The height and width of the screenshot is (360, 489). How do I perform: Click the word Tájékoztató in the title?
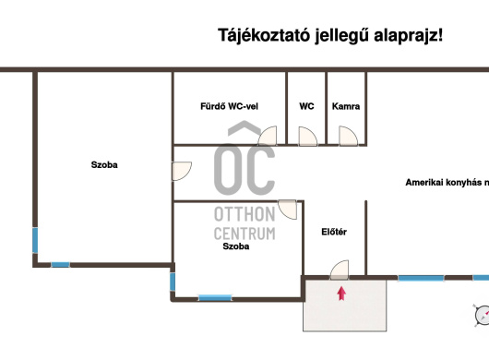pyautogui.click(x=264, y=35)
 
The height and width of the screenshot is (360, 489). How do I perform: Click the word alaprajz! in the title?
pyautogui.click(x=408, y=35)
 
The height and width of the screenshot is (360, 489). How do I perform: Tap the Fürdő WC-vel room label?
pyautogui.click(x=229, y=106)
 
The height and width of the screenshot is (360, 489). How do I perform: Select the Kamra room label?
pyautogui.click(x=346, y=106)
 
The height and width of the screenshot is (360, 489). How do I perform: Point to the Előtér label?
pyautogui.click(x=334, y=232)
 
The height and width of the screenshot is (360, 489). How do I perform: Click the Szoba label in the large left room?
pyautogui.click(x=104, y=164)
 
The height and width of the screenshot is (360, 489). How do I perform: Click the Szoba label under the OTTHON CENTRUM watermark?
pyautogui.click(x=236, y=246)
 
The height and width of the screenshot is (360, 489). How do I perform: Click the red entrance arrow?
pyautogui.click(x=341, y=294)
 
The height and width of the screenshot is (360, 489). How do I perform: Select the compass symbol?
pyautogui.click(x=483, y=316)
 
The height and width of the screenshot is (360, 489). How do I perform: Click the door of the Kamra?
pyautogui.click(x=348, y=136)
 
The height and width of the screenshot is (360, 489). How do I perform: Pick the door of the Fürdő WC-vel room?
pyautogui.click(x=268, y=136)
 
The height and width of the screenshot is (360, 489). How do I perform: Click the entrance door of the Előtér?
pyautogui.click(x=340, y=270)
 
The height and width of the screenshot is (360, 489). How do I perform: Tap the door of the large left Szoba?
pyautogui.click(x=182, y=171)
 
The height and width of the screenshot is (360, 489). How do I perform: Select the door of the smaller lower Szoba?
pyautogui.click(x=287, y=210)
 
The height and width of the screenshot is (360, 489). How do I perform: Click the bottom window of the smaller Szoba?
pyautogui.click(x=215, y=298)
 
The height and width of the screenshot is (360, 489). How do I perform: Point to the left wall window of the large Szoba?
pyautogui.click(x=35, y=240)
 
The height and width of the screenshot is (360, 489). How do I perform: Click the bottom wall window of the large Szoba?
pyautogui.click(x=61, y=265)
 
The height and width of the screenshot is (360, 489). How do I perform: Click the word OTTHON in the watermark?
pyautogui.click(x=244, y=214)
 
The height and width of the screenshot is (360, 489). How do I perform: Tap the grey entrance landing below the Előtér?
pyautogui.click(x=345, y=306)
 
